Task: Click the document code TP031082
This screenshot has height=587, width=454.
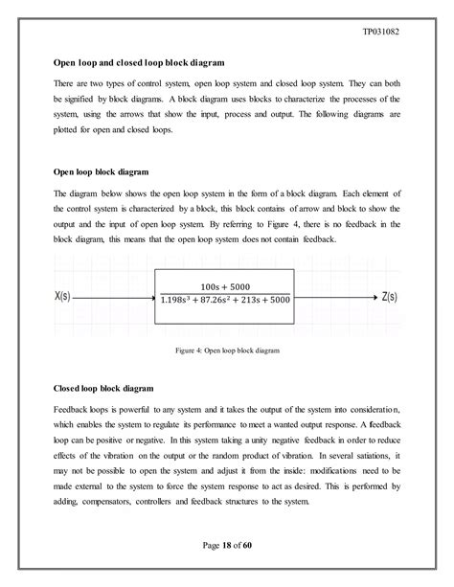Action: (402, 30)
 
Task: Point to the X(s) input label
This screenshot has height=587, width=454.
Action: (65, 297)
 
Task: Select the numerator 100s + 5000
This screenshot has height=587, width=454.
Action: (223, 287)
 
